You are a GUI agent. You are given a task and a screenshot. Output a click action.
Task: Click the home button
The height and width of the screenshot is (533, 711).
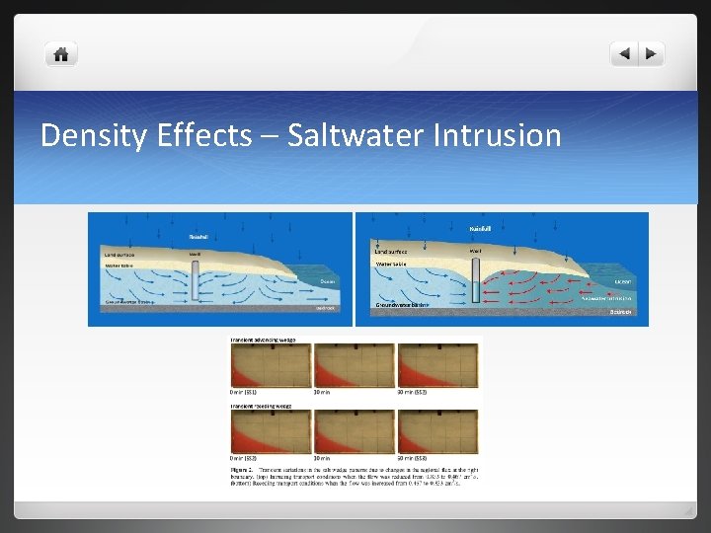61,55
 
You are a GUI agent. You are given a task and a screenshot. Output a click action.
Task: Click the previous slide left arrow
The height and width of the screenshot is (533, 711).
623,54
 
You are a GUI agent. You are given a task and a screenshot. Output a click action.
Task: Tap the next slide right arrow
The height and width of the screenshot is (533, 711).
651,54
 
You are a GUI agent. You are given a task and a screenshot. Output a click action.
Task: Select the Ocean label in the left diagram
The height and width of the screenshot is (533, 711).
329,281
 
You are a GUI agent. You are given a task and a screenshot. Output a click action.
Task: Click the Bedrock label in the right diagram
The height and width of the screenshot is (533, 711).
620,312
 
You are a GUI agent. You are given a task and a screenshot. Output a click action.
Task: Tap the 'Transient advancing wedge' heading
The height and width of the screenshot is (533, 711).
263,340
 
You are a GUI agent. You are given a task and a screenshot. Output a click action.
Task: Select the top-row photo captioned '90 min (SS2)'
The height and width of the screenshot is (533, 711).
424,365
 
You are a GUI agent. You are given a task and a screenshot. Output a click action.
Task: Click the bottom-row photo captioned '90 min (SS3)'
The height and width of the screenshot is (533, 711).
424,431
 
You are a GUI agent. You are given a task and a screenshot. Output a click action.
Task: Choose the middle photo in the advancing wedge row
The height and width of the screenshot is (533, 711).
340,365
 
